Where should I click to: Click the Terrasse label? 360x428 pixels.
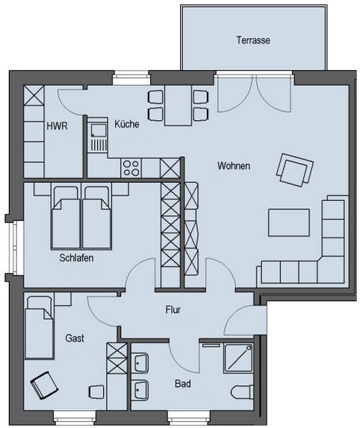(x=253, y=40)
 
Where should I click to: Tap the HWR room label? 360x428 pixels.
(x=57, y=126)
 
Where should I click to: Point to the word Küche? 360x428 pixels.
(x=127, y=124)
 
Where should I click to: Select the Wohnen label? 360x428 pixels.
(x=234, y=166)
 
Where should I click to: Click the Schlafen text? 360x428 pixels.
(x=76, y=258)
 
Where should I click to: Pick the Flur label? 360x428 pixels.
(x=173, y=310)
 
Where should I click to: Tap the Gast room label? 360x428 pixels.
(x=75, y=338)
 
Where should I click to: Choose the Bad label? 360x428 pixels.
(x=183, y=384)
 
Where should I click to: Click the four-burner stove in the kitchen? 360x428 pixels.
(x=131, y=168)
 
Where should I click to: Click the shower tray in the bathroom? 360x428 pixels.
(x=238, y=358)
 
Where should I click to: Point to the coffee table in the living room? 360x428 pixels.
(x=289, y=223)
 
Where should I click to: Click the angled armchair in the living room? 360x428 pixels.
(x=294, y=170)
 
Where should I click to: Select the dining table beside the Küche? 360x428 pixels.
(x=178, y=105)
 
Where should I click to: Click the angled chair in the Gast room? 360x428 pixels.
(x=45, y=385)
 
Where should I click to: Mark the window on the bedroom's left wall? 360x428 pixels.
(x=14, y=246)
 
